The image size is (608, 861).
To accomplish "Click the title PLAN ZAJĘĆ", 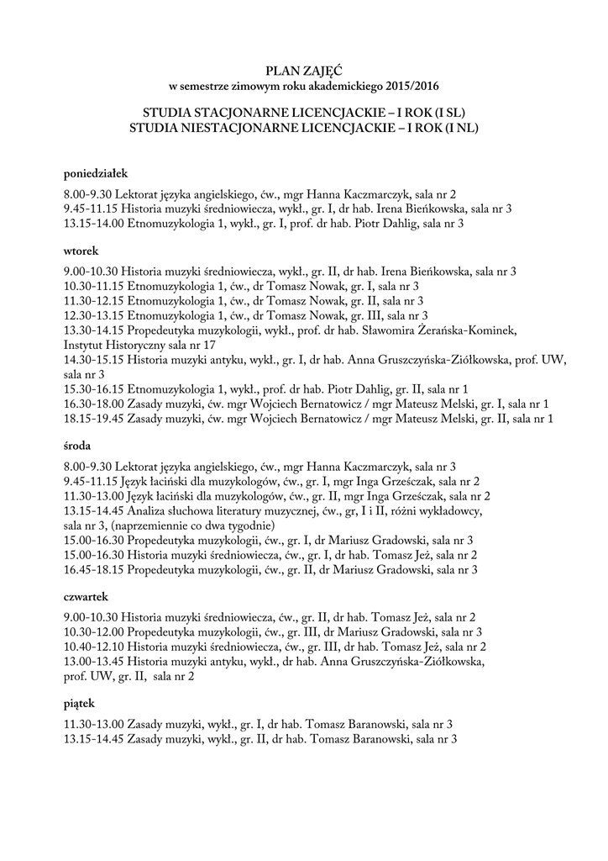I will tap(303, 71).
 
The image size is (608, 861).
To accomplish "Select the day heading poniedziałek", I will tap(95, 174).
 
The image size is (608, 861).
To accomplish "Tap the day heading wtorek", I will tap(81, 251).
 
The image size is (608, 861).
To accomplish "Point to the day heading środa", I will tap(78, 445).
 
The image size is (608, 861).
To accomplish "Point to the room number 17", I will tap(209, 345).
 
